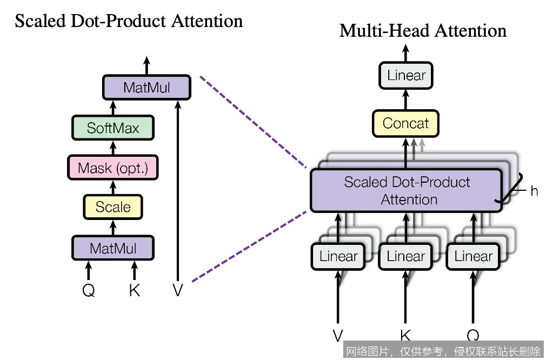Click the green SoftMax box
click(x=113, y=128)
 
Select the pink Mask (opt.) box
click(x=113, y=168)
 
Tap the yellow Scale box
click(x=113, y=207)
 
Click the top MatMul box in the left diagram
click(x=147, y=88)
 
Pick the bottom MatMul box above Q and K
click(x=113, y=249)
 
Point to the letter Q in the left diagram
click(x=89, y=291)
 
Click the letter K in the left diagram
click(x=135, y=291)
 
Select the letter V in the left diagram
click(x=178, y=291)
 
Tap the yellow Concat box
click(x=405, y=123)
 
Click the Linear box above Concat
click(x=406, y=76)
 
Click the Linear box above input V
click(x=338, y=256)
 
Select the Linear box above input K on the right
click(x=406, y=256)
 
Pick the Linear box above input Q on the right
click(x=474, y=256)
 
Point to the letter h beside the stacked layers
click(x=534, y=191)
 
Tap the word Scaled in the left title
click(x=39, y=21)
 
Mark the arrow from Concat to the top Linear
click(x=406, y=100)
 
